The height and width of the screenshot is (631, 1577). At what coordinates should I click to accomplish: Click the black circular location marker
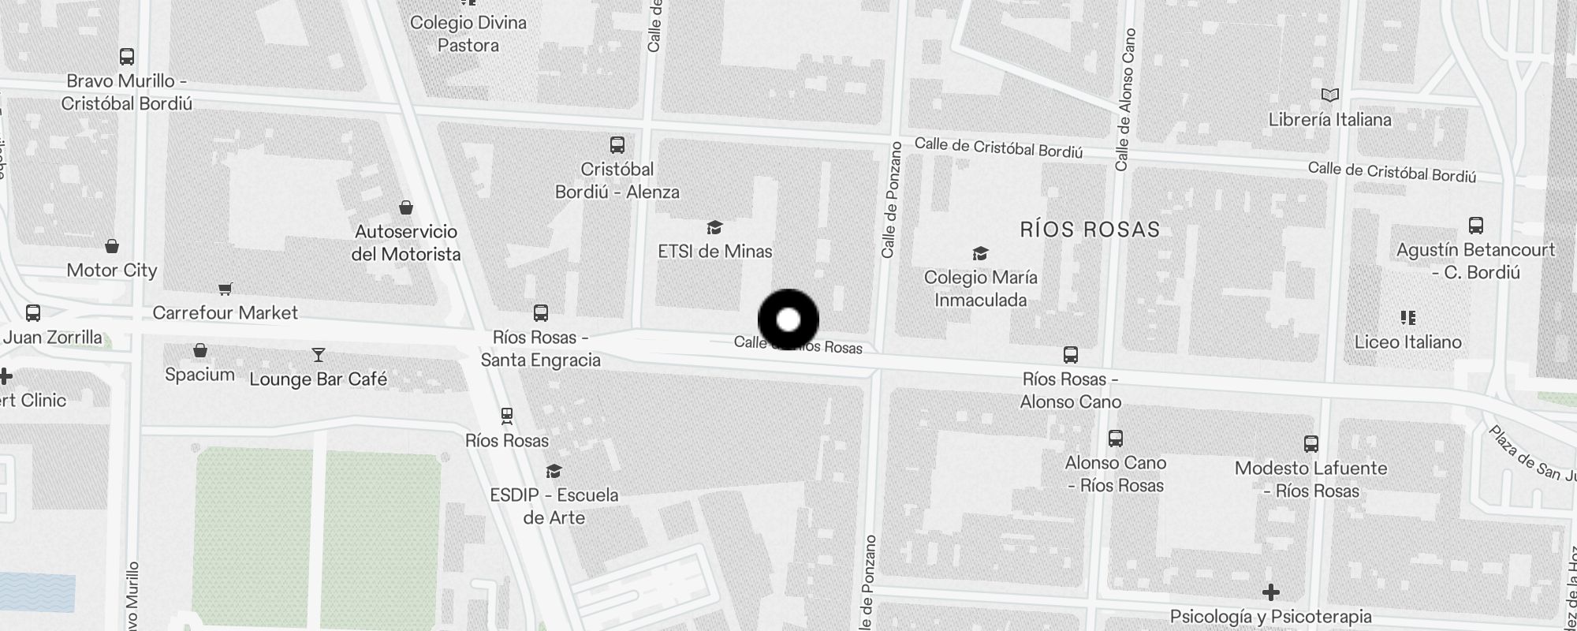tap(788, 319)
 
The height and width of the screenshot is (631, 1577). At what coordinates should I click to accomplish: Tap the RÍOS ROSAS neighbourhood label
tap(1090, 230)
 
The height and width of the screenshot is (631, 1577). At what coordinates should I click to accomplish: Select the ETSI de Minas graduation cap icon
tap(714, 228)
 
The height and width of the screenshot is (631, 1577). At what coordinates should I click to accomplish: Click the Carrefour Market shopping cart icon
tap(226, 289)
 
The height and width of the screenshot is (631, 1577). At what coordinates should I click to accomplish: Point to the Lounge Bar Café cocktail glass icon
tap(319, 355)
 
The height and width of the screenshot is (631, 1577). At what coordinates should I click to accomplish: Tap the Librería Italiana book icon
tap(1330, 95)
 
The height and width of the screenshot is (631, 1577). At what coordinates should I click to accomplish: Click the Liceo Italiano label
tap(1407, 342)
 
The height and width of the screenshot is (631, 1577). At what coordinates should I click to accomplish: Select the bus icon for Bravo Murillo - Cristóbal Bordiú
tap(127, 57)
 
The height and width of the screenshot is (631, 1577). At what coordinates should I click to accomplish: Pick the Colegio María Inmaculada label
tap(980, 289)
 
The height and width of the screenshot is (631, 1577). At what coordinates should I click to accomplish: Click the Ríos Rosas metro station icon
tap(507, 415)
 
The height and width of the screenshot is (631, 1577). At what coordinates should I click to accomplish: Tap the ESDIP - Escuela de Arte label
tap(554, 506)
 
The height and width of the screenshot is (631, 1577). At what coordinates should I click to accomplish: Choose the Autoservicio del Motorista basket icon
tap(406, 207)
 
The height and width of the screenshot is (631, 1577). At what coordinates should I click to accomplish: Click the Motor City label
tap(112, 271)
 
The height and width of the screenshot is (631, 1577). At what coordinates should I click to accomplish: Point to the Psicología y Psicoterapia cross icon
tap(1270, 592)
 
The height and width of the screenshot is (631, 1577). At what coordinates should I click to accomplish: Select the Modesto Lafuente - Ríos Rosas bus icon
tap(1311, 444)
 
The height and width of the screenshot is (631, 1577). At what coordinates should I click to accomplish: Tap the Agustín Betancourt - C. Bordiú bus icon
tap(1476, 226)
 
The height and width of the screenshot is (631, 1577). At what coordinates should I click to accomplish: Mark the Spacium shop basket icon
tap(200, 349)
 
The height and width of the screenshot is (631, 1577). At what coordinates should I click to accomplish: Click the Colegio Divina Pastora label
tap(468, 34)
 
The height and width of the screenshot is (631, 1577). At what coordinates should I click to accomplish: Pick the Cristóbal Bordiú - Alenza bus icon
tap(617, 145)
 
